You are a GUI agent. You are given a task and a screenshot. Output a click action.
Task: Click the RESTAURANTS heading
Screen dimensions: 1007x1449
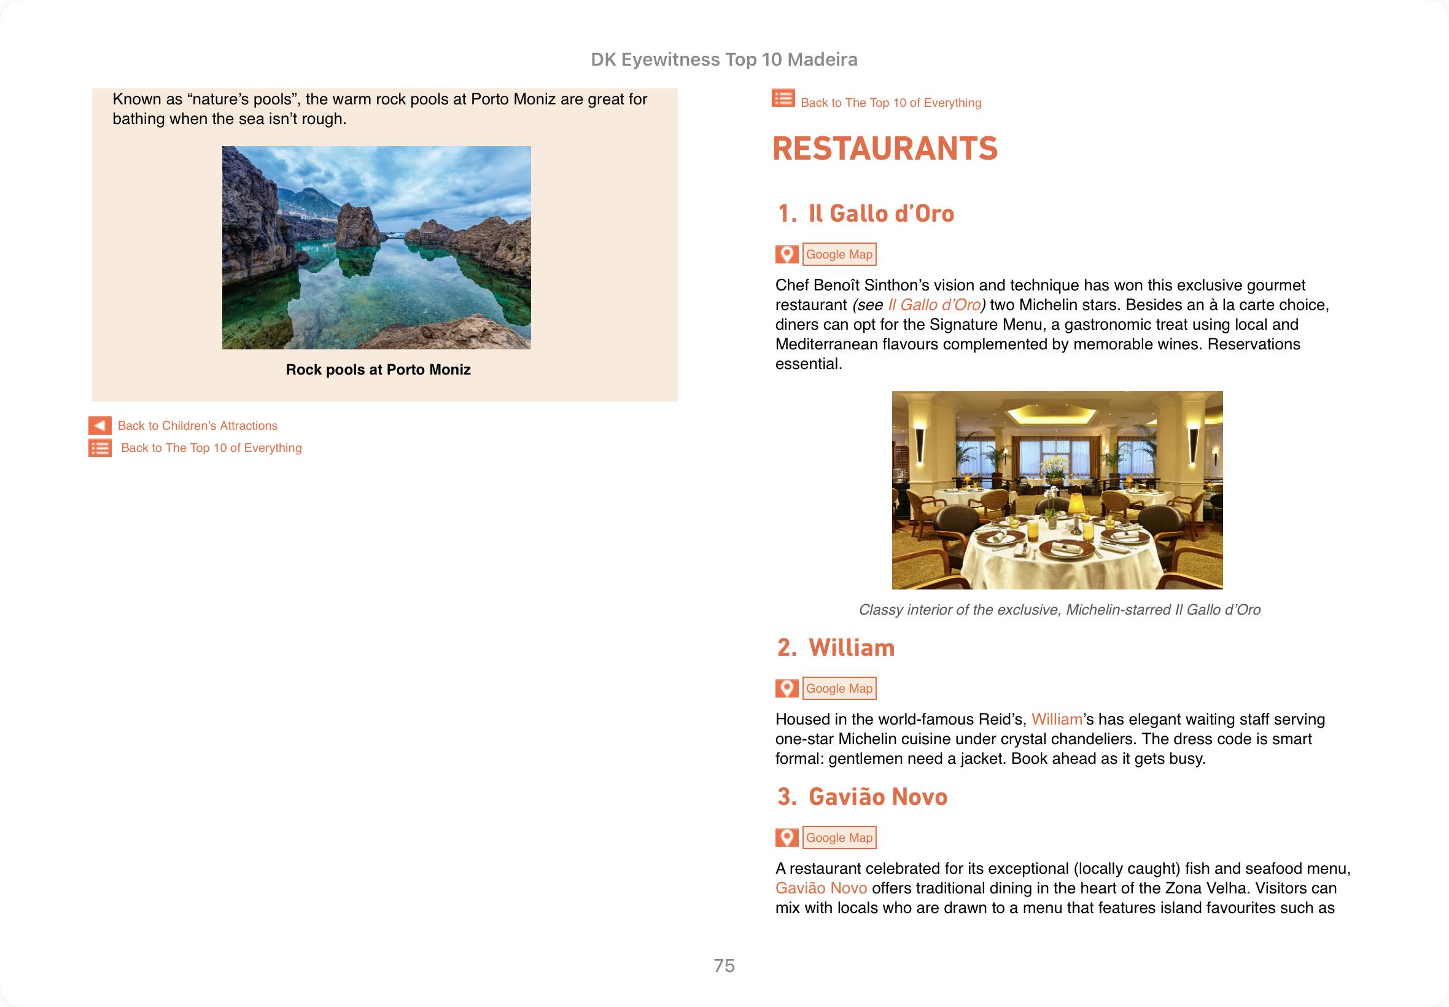pos(884,149)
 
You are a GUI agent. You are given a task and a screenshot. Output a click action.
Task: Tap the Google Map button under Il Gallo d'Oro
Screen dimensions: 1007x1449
pos(839,254)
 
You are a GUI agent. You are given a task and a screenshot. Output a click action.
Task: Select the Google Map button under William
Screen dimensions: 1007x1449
pos(839,688)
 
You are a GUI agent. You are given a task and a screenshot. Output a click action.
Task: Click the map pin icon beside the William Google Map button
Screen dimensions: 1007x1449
pos(787,688)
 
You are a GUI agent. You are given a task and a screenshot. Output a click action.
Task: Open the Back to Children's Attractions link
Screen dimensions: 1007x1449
pos(198,426)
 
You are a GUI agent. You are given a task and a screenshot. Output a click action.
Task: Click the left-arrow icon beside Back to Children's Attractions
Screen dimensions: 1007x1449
pos(99,426)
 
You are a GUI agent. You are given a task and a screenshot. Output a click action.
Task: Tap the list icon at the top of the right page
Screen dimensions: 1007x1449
pos(783,99)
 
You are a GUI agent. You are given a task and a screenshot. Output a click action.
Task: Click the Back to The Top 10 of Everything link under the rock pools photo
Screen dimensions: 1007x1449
pos(211,448)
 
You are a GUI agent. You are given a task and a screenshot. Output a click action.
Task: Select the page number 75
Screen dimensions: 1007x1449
pos(724,965)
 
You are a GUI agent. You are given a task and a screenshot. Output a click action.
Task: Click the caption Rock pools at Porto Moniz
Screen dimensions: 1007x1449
pos(378,370)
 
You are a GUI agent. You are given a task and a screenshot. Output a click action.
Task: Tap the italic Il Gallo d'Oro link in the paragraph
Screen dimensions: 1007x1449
pos(934,305)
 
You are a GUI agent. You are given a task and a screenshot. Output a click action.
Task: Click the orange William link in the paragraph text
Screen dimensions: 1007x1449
pos(1056,719)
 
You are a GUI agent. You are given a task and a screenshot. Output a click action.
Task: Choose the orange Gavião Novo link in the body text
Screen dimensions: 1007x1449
pos(821,888)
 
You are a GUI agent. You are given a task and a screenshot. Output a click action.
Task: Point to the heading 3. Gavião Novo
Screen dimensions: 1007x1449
pos(862,797)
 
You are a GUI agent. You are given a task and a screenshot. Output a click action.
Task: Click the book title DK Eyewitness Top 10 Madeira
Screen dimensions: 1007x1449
pos(723,60)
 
